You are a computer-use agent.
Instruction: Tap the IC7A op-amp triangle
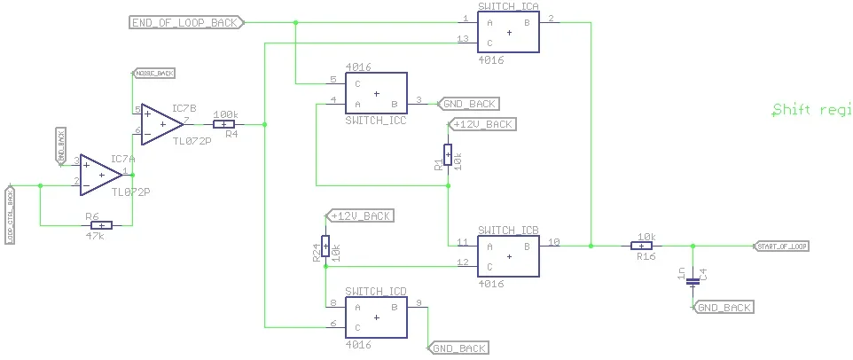click(100, 173)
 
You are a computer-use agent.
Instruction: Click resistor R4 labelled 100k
click(225, 125)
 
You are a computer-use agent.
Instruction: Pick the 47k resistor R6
click(101, 225)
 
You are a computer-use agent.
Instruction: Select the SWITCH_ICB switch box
click(508, 255)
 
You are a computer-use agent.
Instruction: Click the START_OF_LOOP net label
click(780, 246)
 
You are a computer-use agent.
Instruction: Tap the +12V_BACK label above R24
click(360, 216)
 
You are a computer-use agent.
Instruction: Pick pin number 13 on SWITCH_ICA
click(463, 39)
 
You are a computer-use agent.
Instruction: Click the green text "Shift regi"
click(811, 111)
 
